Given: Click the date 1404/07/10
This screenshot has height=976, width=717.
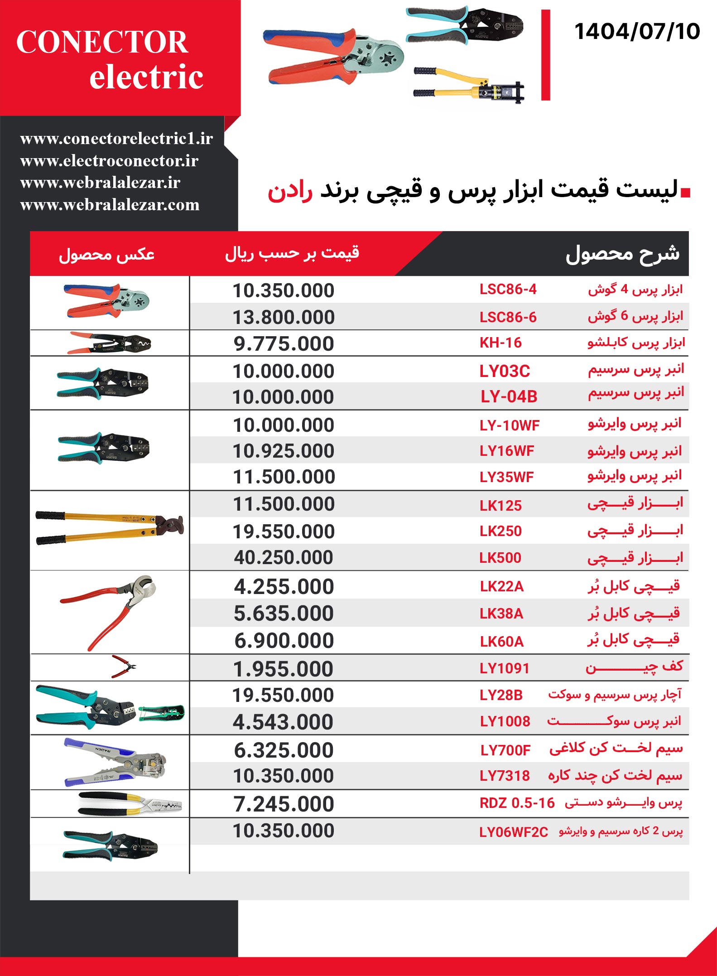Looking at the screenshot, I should pyautogui.click(x=637, y=32).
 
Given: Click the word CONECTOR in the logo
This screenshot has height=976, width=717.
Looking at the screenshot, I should pyautogui.click(x=102, y=42).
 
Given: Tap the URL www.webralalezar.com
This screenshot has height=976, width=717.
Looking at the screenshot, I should pyautogui.click(x=110, y=205).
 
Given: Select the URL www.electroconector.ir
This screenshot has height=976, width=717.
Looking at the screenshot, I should pyautogui.click(x=109, y=161).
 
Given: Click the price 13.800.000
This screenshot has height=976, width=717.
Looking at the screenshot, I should pyautogui.click(x=284, y=317).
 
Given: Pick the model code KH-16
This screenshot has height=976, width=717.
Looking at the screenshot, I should pyautogui.click(x=500, y=343).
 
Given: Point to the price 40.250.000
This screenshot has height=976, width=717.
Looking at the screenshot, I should pyautogui.click(x=284, y=558).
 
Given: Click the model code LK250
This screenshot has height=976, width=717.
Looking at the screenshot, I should pyautogui.click(x=500, y=531).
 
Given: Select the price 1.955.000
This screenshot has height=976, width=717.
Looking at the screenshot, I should pyautogui.click(x=284, y=669).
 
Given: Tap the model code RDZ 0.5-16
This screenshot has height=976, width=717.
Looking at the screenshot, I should pyautogui.click(x=517, y=803).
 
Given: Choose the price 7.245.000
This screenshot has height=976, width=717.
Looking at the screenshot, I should pyautogui.click(x=284, y=804).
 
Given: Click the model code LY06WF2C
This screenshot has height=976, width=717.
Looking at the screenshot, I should pyautogui.click(x=514, y=832).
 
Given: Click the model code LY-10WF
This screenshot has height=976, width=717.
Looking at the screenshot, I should pyautogui.click(x=510, y=425).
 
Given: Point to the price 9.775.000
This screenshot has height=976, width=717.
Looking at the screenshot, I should pyautogui.click(x=284, y=344).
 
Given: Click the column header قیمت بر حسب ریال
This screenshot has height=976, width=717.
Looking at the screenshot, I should pyautogui.click(x=292, y=253).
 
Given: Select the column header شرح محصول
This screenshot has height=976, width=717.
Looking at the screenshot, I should pyautogui.click(x=622, y=254).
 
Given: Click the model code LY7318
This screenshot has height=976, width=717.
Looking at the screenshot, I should pyautogui.click(x=505, y=776).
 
